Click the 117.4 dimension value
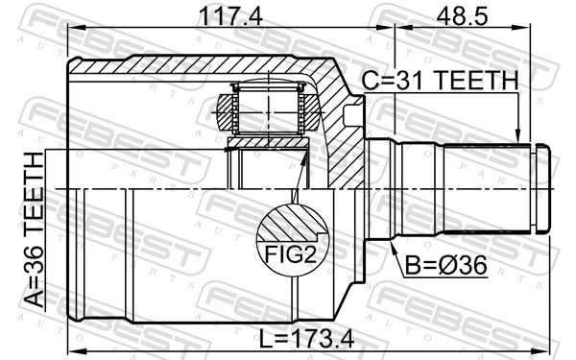tap(204, 16)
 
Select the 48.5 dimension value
tap(463, 16)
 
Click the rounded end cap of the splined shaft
tap(542, 188)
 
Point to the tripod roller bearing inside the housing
tap(269, 109)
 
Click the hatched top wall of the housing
tap(192, 68)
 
